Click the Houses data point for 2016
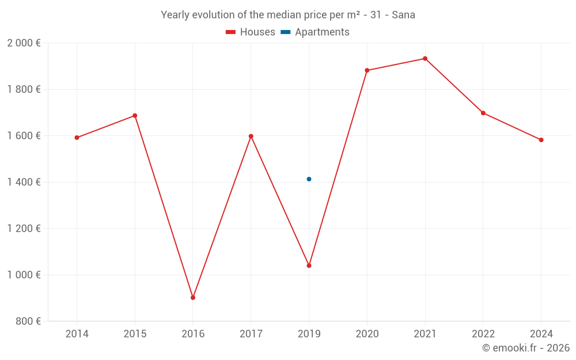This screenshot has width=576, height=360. (x=193, y=298)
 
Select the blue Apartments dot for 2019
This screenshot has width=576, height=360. (x=309, y=179)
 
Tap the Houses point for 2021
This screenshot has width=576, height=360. (x=425, y=59)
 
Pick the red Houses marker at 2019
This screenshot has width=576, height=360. (x=309, y=266)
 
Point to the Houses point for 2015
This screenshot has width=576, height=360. (x=135, y=116)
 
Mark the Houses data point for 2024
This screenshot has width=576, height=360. (x=541, y=140)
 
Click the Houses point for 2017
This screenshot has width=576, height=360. (x=251, y=137)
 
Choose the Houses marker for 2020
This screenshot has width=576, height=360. (x=367, y=70)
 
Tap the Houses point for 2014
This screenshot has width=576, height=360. (x=77, y=138)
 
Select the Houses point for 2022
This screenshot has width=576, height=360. (x=483, y=113)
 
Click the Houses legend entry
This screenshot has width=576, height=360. (x=251, y=32)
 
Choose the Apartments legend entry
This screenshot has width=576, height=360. (x=315, y=32)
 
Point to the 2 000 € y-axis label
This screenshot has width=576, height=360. (x=24, y=43)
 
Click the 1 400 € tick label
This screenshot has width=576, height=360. (x=24, y=182)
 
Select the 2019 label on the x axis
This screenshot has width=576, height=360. (x=309, y=334)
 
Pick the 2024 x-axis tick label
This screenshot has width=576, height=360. (x=541, y=334)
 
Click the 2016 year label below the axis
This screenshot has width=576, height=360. (x=193, y=334)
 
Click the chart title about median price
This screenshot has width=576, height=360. (x=288, y=15)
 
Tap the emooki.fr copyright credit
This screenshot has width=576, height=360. (x=526, y=348)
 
